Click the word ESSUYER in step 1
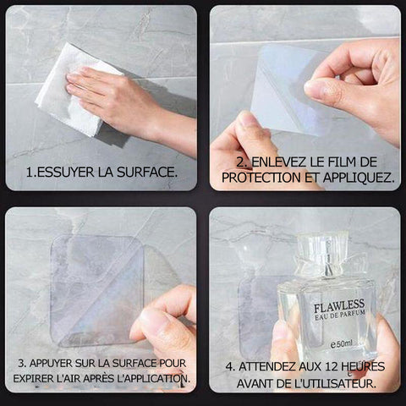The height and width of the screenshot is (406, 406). pyautogui.click(x=65, y=172)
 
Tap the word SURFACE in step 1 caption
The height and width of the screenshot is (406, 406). pyautogui.click(x=147, y=172)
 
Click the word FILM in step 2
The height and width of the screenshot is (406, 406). pyautogui.click(x=336, y=162)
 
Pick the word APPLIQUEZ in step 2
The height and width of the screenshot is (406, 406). pyautogui.click(x=359, y=178)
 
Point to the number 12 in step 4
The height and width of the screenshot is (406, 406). pyautogui.click(x=332, y=366)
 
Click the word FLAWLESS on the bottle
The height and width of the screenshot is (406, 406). pyautogui.click(x=339, y=306)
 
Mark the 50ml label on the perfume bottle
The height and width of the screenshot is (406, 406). pyautogui.click(x=342, y=344)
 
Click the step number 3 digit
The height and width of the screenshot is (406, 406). pyautogui.click(x=21, y=363)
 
